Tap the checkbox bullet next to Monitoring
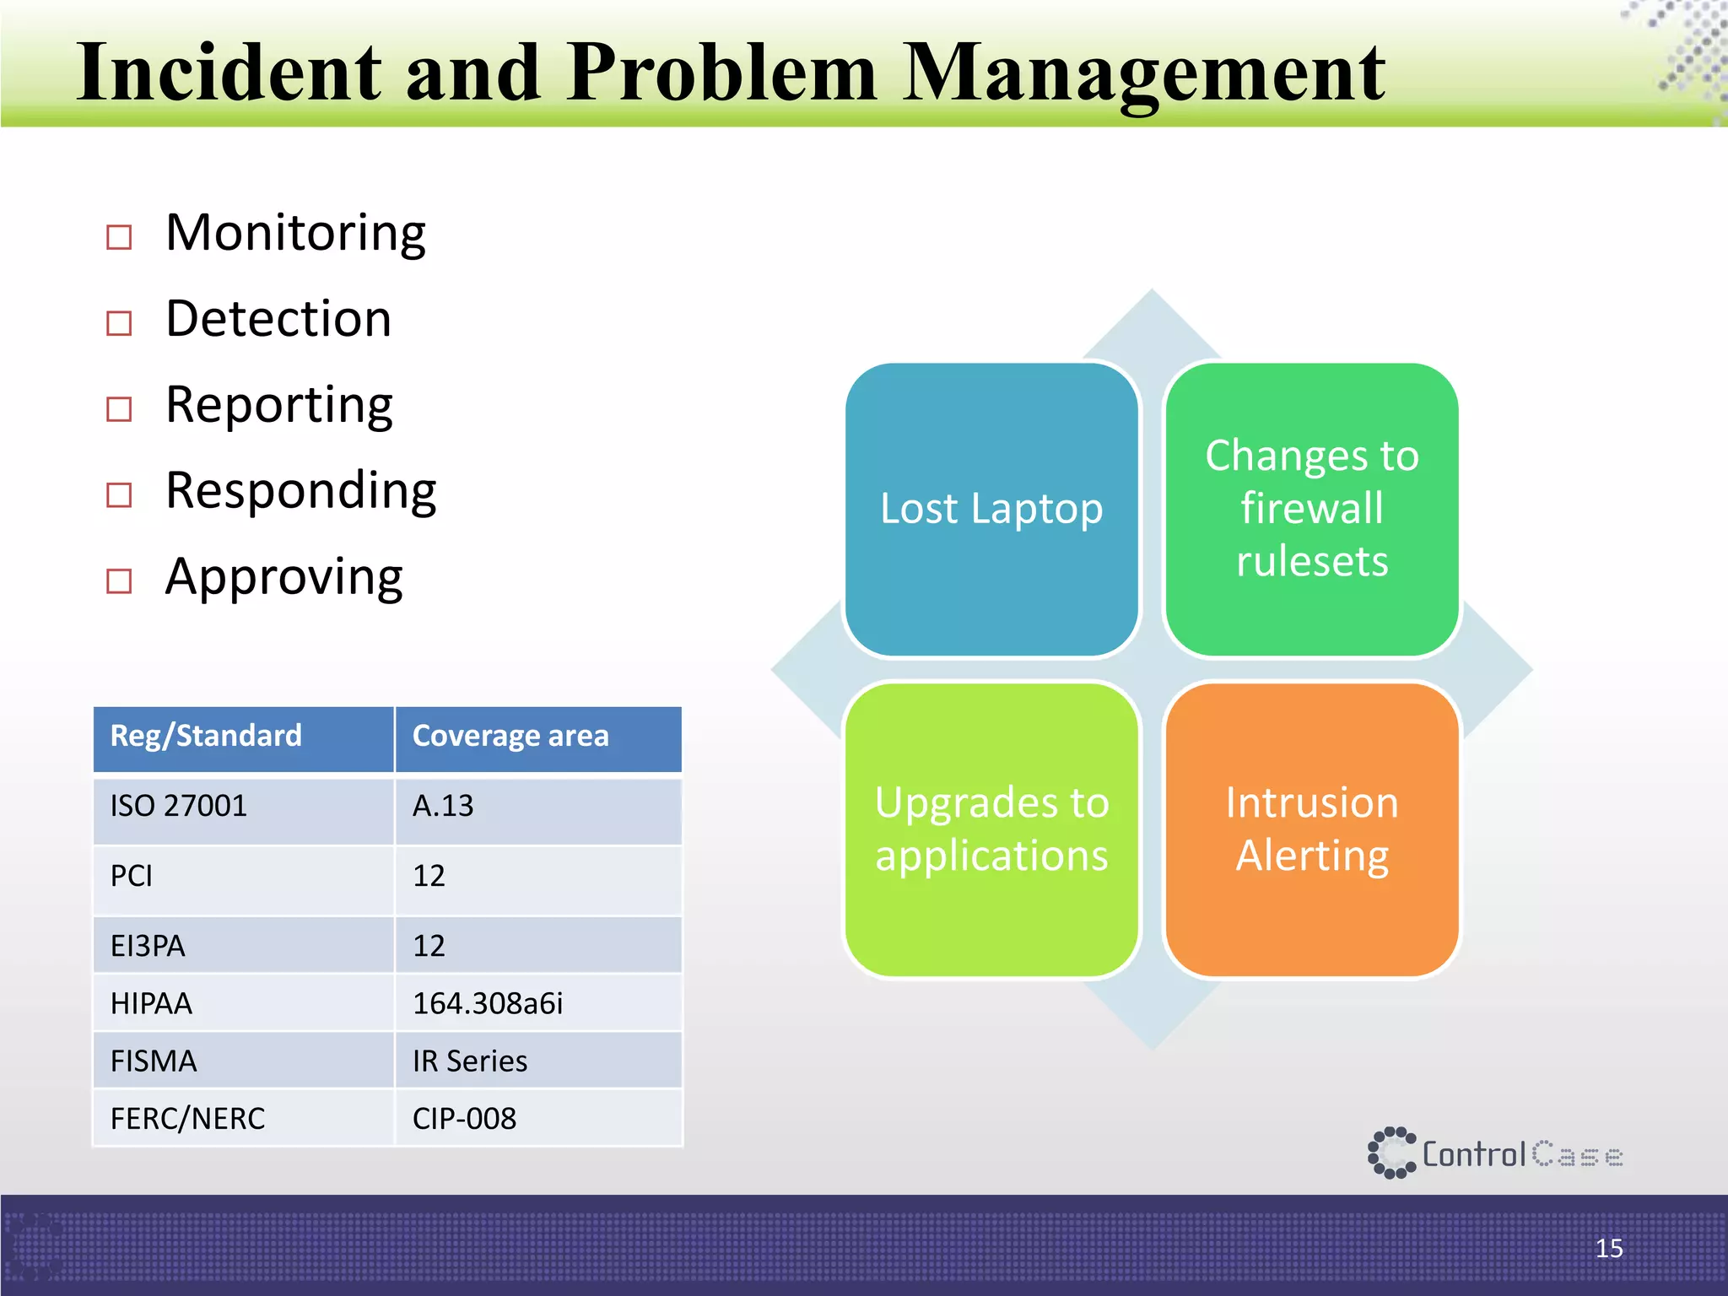pos(119,237)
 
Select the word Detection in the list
pos(278,319)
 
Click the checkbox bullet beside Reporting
pos(119,409)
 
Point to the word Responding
pos(300,491)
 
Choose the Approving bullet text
pos(283,578)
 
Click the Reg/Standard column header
pos(206,736)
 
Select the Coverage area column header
pos(510,736)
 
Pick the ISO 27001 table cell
pos(179,806)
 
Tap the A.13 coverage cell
pos(443,806)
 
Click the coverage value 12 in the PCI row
pos(429,876)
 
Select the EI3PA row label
pos(148,946)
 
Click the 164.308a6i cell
pos(487,1003)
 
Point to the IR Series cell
pos(469,1061)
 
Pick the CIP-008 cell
pos(464,1119)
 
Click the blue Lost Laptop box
pos(991,509)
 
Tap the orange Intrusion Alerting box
pos(1312,829)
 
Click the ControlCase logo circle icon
pos(1390,1153)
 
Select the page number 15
pos(1608,1248)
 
